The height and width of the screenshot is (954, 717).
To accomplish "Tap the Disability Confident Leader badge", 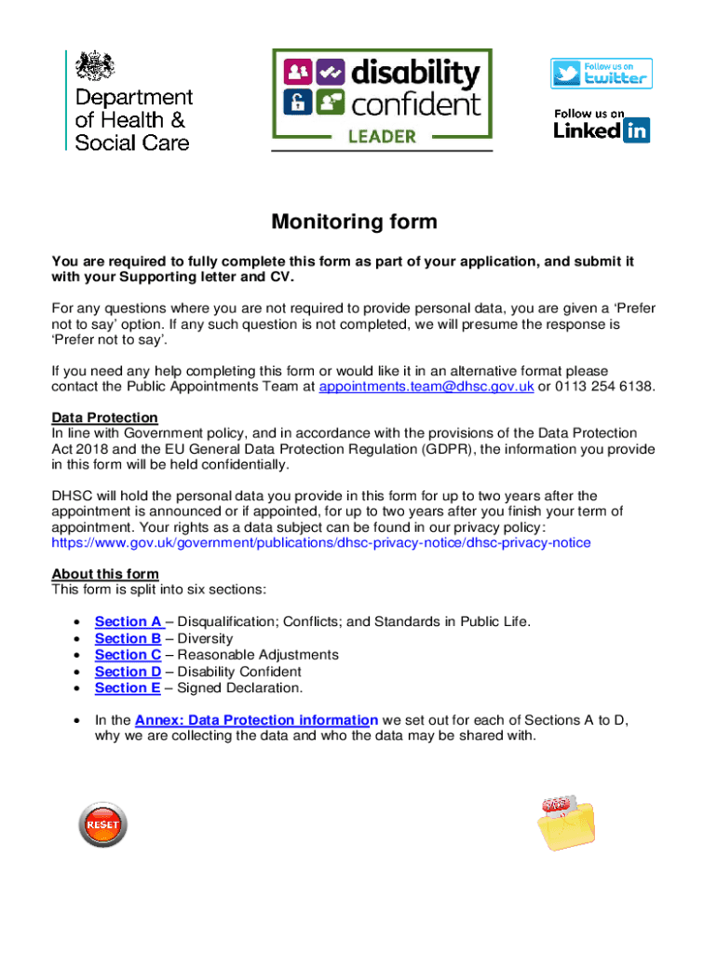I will pyautogui.click(x=382, y=99).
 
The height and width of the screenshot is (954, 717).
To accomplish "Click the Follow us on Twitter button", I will pyautogui.click(x=601, y=74).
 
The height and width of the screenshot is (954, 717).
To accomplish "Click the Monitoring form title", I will pyautogui.click(x=354, y=223).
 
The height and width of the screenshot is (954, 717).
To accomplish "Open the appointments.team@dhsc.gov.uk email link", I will pyautogui.click(x=426, y=388).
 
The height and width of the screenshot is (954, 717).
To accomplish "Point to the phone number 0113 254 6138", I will pyautogui.click(x=602, y=388).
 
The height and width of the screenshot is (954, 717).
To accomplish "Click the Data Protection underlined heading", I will pyautogui.click(x=104, y=417).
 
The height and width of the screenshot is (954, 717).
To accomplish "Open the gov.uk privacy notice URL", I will pyautogui.click(x=320, y=542).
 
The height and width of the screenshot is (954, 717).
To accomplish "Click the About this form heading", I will pyautogui.click(x=104, y=573).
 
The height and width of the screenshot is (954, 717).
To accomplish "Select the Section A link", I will pyautogui.click(x=129, y=621).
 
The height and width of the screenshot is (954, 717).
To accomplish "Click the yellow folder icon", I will pyautogui.click(x=567, y=825).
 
